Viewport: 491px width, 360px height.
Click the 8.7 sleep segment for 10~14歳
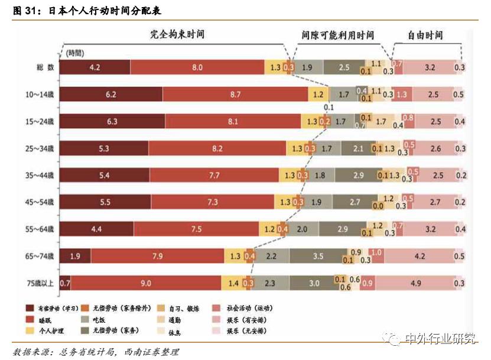click(235, 94)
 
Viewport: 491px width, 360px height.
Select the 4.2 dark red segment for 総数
click(95, 67)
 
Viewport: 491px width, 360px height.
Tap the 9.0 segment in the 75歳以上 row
click(146, 283)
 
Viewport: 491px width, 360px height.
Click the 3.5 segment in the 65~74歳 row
click(318, 255)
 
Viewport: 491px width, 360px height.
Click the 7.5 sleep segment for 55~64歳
click(196, 229)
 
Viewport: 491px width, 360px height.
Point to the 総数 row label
click(45, 67)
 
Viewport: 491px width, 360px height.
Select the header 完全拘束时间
click(177, 35)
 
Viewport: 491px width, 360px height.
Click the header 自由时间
click(425, 35)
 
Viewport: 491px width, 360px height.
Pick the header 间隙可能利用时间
click(337, 35)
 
